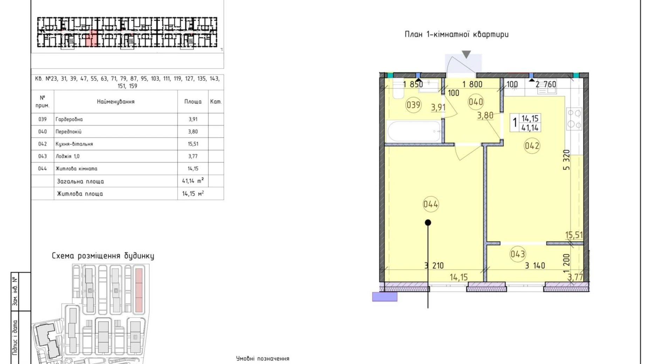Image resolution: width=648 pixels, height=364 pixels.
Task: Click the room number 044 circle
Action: click(430, 204)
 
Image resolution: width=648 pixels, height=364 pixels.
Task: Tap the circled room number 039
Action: click(413, 105)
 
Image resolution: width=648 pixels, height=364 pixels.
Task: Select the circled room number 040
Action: click(476, 102)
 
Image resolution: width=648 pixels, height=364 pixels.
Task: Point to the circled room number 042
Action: click(532, 146)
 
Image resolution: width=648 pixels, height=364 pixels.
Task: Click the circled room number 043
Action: click(518, 254)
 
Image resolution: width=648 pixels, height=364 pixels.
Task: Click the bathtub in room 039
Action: click(414, 131)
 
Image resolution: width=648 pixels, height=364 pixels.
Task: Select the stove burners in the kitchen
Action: click(574, 119)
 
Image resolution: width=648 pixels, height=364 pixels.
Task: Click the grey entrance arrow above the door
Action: click(466, 54)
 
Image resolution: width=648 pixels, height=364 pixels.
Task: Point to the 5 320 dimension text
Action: click(566, 160)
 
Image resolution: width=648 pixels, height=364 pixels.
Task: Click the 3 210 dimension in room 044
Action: click(434, 266)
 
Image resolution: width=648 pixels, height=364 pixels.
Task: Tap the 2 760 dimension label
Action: click(546, 84)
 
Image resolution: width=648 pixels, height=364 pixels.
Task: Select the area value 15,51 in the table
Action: click(193, 144)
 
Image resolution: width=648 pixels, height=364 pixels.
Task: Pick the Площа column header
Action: click(193, 101)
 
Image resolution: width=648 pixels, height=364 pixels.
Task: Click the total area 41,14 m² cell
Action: click(193, 181)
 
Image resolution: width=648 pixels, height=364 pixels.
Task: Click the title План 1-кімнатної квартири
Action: click(457, 34)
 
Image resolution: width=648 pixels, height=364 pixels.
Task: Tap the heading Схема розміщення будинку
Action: click(103, 256)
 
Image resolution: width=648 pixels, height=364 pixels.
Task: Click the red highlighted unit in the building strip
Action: click(92, 38)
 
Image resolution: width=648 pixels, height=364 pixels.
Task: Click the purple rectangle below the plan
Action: click(385, 297)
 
